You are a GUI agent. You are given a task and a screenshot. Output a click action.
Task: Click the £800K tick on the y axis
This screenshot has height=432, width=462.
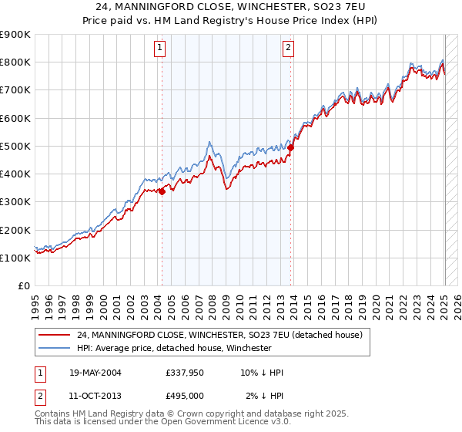pos(15,62)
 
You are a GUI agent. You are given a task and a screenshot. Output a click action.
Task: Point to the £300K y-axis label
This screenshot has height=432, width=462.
pos(15,202)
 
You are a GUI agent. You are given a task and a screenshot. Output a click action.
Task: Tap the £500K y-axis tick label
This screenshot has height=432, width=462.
pos(15,146)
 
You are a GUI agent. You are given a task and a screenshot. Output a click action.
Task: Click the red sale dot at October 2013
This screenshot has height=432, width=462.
pos(290,148)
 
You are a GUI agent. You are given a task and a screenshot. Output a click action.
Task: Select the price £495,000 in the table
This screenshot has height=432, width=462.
pos(184,396)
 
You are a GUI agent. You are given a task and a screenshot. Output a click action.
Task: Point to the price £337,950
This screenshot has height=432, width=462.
pos(184,373)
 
